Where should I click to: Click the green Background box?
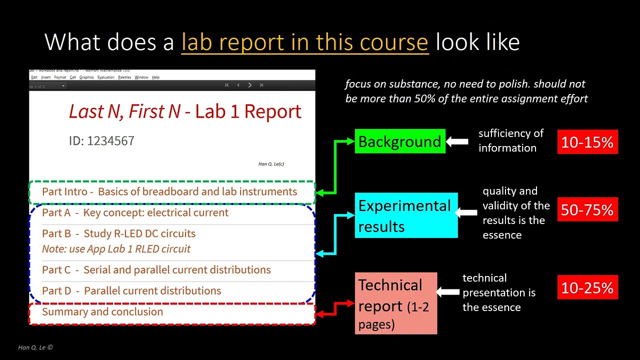399,141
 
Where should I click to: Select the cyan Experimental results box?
407,215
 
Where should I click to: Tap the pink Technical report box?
396,303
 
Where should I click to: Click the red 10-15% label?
587,142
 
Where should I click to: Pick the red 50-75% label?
587,209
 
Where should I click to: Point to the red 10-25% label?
587,287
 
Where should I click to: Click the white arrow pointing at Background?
456,142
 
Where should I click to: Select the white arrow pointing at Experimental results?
467,213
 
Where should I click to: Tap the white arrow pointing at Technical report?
448,292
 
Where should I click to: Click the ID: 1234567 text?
101,141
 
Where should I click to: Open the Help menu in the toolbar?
155,77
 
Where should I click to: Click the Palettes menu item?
124,77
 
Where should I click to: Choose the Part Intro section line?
169,191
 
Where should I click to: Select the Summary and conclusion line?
102,311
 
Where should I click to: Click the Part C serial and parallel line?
156,270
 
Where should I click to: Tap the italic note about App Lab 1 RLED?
116,249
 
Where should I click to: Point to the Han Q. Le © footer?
35,347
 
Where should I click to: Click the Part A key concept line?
135,212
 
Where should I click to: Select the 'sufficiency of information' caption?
510,140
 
